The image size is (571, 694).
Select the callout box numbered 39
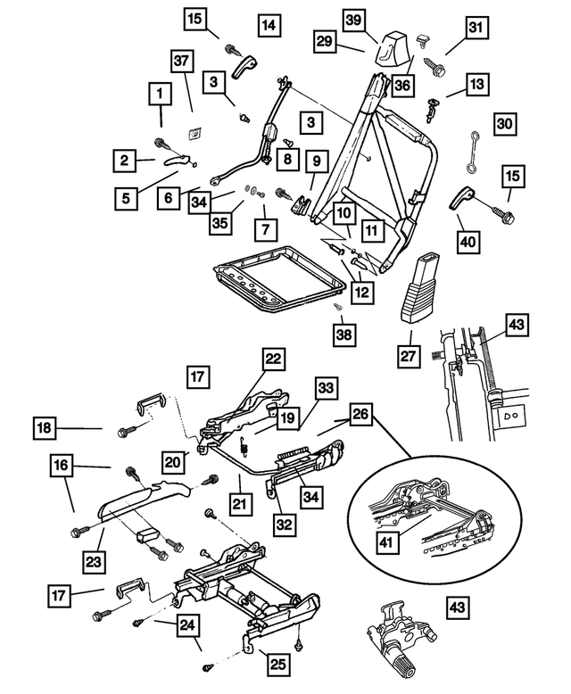354,20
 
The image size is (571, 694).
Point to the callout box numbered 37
183,61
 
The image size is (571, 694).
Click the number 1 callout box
161,94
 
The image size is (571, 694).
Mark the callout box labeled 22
273,359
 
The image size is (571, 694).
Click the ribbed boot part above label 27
422,285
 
